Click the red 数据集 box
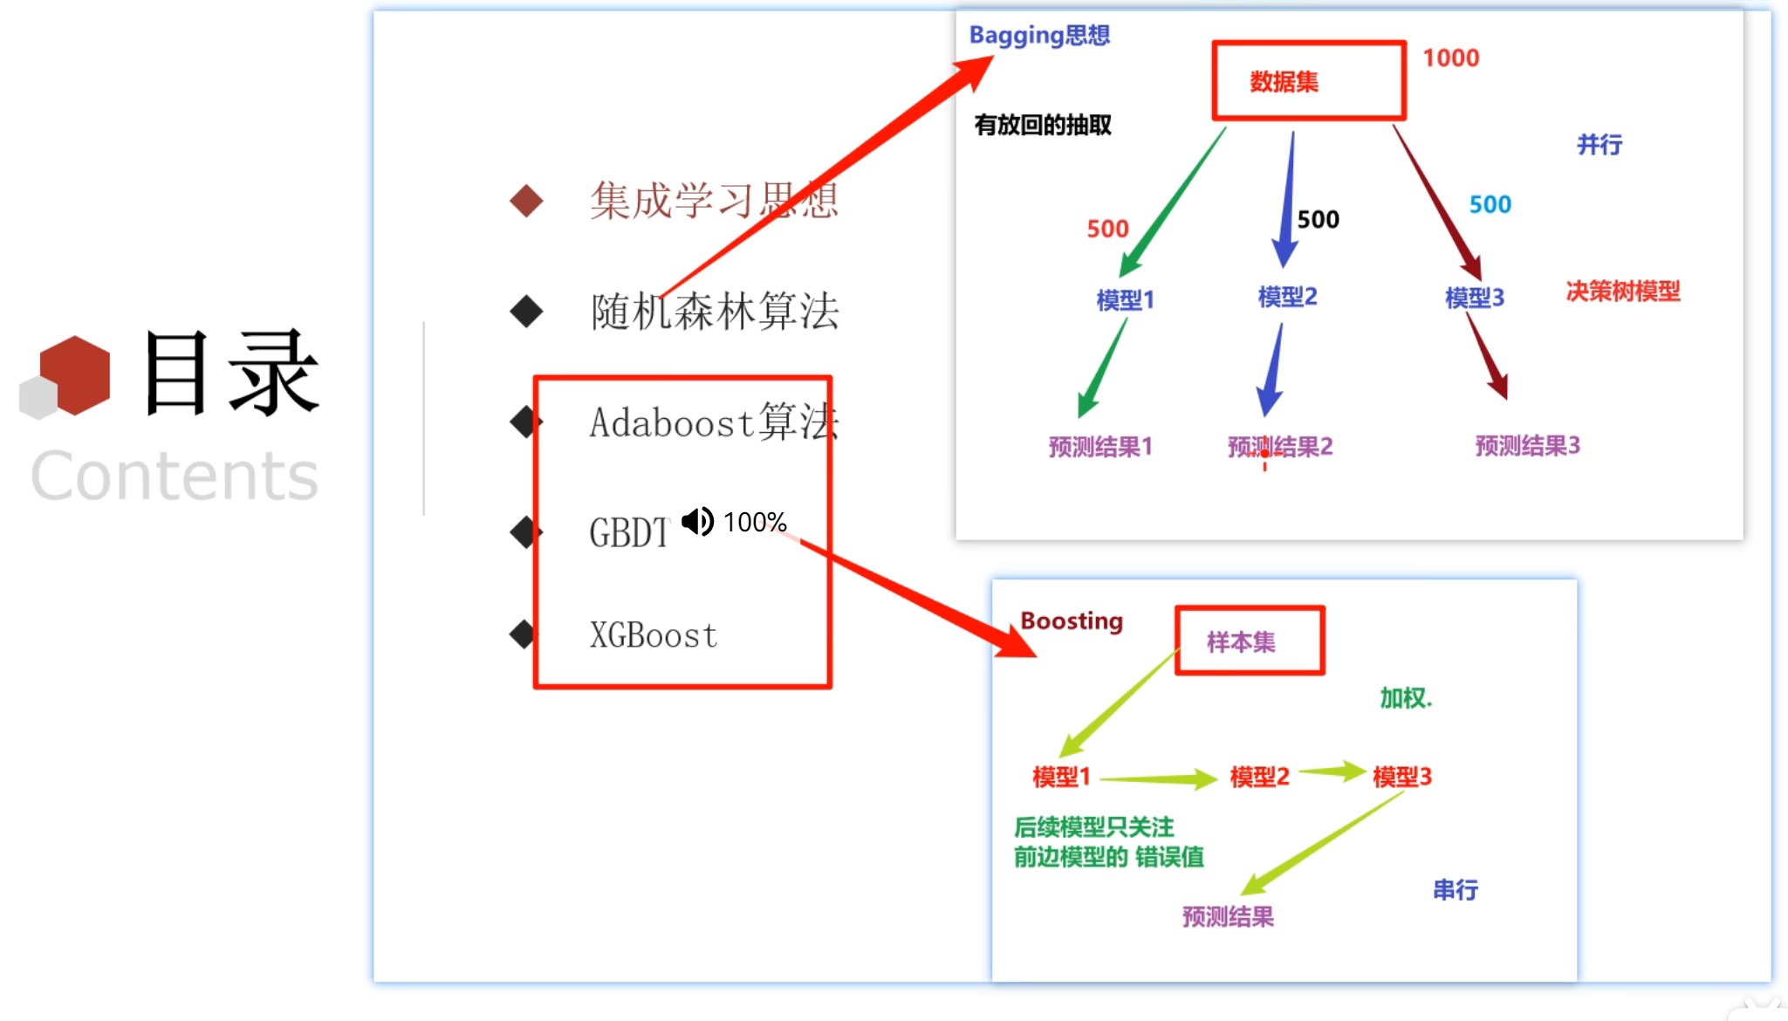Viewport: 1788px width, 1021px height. [x=1308, y=80]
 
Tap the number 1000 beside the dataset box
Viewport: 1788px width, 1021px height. [x=1450, y=58]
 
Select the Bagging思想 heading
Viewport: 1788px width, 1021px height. [x=1039, y=35]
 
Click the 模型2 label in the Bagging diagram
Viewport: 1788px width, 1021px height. [x=1287, y=297]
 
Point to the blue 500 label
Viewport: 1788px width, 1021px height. [x=1490, y=204]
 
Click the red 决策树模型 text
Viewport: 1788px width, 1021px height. [x=1622, y=291]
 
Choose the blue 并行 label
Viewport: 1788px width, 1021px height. [x=1599, y=144]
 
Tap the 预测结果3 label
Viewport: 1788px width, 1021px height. [x=1527, y=446]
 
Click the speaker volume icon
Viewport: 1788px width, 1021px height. [x=697, y=522]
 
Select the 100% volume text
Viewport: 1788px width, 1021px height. [x=755, y=522]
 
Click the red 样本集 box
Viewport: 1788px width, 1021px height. [x=1250, y=641]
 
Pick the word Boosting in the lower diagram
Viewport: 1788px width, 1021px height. [x=1072, y=620]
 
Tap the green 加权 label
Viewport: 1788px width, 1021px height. [x=1404, y=698]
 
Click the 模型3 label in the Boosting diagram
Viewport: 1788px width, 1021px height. [x=1401, y=776]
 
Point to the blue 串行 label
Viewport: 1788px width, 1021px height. [x=1455, y=889]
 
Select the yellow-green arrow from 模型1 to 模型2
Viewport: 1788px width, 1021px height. [x=1159, y=778]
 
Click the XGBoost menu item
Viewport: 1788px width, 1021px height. [x=653, y=635]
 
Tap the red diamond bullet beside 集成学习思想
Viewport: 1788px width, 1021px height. [x=526, y=201]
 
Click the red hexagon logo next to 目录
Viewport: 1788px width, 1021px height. [x=75, y=375]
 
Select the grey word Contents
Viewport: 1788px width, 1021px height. [x=175, y=476]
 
